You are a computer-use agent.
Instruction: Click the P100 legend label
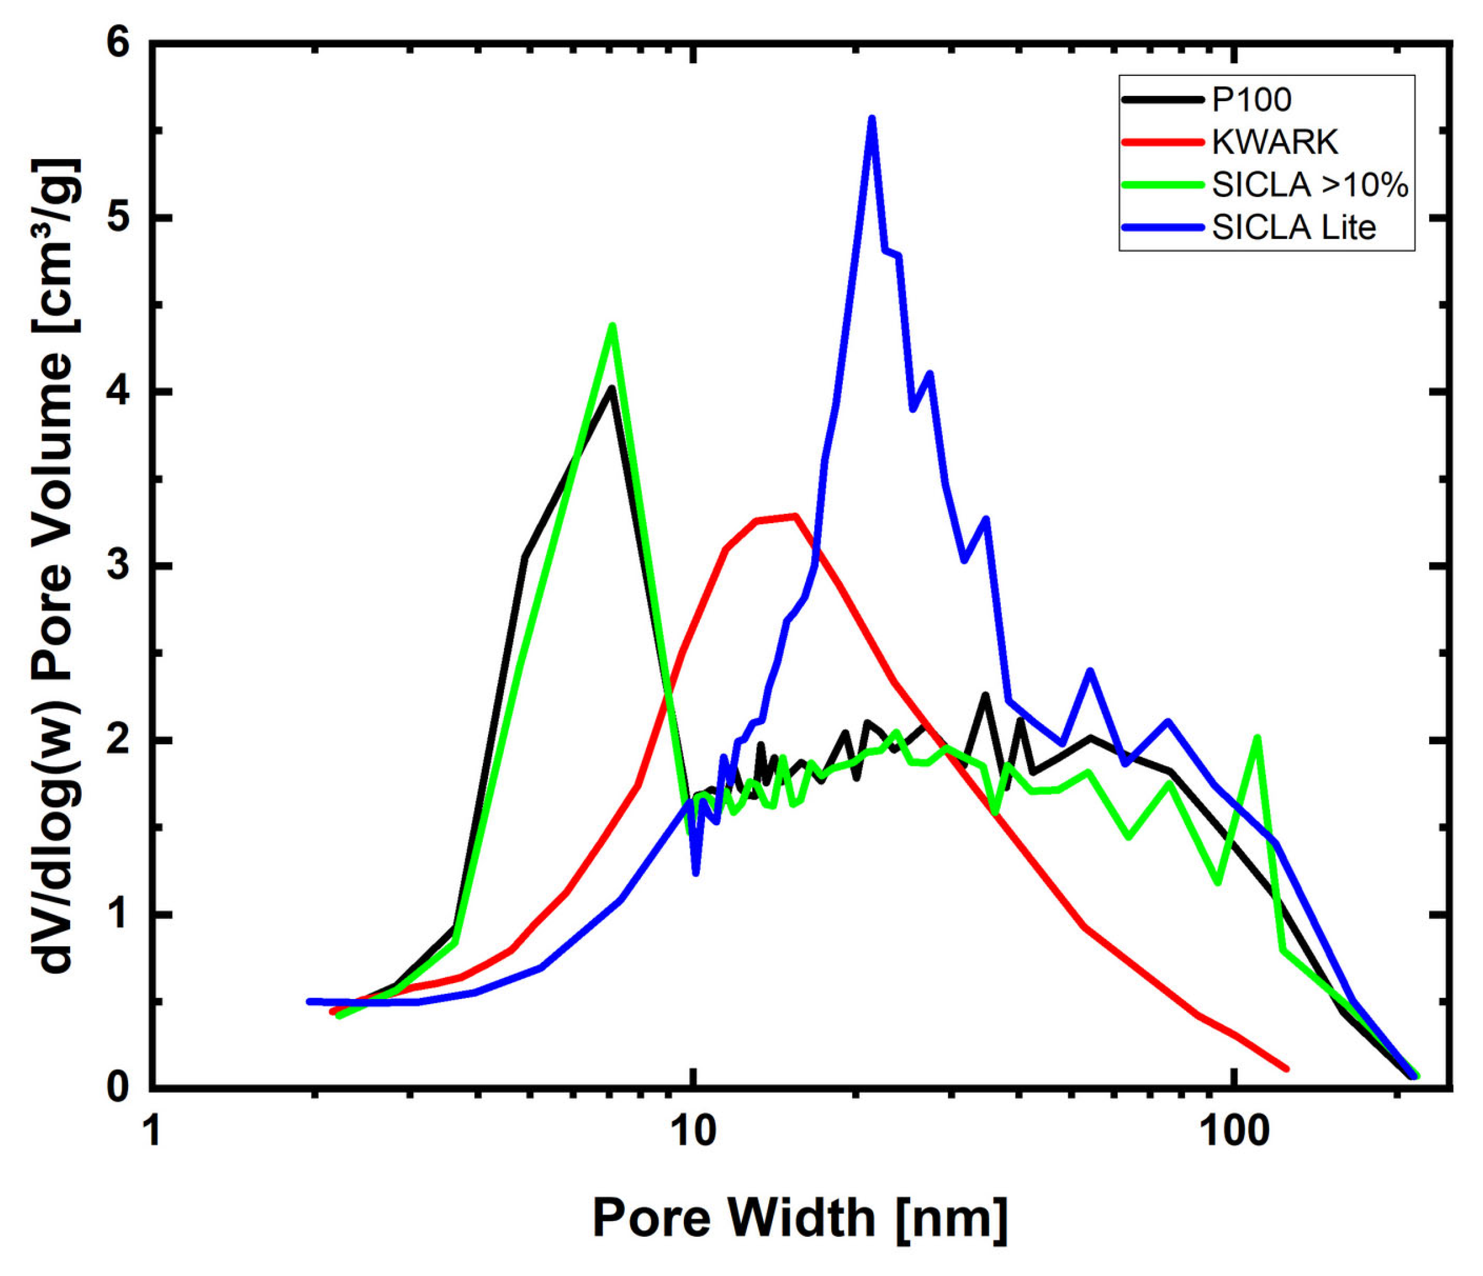pyautogui.click(x=1251, y=100)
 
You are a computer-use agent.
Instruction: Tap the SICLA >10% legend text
pyautogui.click(x=1310, y=185)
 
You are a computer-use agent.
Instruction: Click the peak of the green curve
pyautogui.click(x=612, y=326)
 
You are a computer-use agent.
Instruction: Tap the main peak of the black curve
pyautogui.click(x=610, y=388)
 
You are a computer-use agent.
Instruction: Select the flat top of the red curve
pyautogui.click(x=776, y=517)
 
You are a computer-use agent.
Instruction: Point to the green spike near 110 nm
pyautogui.click(x=1257, y=738)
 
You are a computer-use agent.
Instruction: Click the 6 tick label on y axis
pyautogui.click(x=118, y=44)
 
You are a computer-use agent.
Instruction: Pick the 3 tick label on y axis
pyautogui.click(x=118, y=567)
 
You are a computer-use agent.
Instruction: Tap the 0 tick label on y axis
pyautogui.click(x=118, y=1088)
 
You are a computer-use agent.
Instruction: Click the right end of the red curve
pyautogui.click(x=1286, y=1069)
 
